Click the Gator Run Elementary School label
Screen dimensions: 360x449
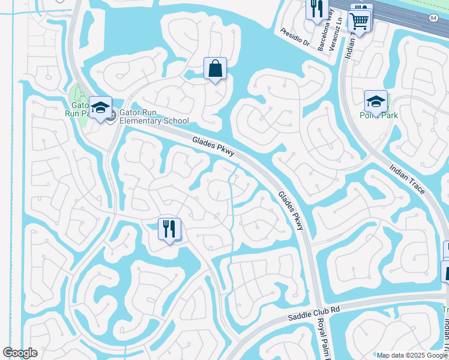tap(154, 116)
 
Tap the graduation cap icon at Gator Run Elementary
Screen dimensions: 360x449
tap(101, 108)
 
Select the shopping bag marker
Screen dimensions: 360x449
tap(215, 69)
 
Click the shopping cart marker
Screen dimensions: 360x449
tap(360, 21)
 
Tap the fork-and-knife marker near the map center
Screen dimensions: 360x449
tap(169, 229)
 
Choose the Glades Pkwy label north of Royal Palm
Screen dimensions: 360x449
tap(292, 209)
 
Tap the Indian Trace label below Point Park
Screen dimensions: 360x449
tap(408, 179)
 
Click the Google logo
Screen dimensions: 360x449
tap(20, 353)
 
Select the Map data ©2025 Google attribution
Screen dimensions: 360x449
tap(412, 355)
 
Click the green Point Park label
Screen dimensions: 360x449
tap(375, 115)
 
